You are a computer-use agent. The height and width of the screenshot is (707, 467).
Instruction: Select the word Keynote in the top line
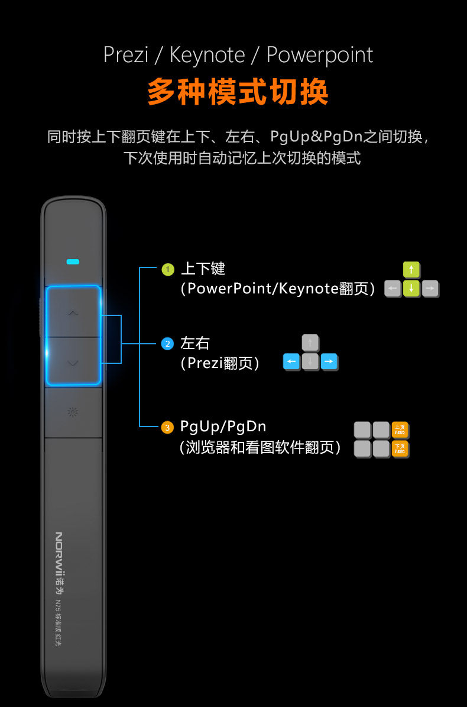click(207, 55)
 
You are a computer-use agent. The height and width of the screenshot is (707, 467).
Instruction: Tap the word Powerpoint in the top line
click(320, 55)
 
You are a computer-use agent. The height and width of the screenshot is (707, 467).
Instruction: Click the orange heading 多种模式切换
click(238, 92)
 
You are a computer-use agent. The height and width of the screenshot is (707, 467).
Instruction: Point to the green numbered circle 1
click(168, 270)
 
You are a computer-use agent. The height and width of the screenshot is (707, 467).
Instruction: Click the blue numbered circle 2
click(168, 344)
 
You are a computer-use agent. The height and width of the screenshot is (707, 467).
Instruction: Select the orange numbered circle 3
click(168, 427)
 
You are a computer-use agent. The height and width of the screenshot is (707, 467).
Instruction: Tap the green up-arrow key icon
click(411, 270)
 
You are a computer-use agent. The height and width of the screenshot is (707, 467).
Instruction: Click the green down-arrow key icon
click(411, 289)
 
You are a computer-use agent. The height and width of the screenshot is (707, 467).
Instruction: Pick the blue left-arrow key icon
click(291, 361)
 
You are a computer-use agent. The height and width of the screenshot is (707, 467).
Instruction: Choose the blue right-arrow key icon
click(329, 361)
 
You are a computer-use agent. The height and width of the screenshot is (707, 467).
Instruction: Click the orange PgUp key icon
click(400, 430)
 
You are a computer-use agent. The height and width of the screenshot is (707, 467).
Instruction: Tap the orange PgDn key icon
click(400, 449)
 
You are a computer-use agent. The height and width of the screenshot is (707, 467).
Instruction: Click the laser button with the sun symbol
click(73, 412)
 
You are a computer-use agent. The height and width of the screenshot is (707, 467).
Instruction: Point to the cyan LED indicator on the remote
click(73, 261)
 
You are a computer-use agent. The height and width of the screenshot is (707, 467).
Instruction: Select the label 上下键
click(203, 269)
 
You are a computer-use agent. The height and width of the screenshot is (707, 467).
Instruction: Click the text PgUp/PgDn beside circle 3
click(223, 427)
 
